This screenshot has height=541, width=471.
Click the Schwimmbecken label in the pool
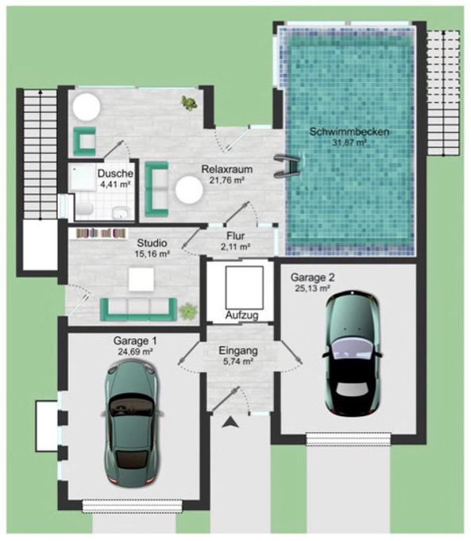click(349, 132)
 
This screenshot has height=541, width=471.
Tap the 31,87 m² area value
click(349, 142)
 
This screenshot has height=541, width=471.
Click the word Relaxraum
click(226, 169)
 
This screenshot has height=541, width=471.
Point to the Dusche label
click(115, 173)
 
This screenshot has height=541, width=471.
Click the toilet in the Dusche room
click(84, 208)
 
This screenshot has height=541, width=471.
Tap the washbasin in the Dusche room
click(121, 212)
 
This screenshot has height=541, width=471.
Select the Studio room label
click(152, 243)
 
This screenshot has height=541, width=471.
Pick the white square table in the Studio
click(141, 279)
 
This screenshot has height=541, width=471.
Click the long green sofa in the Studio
click(138, 309)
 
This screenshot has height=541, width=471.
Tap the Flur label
click(235, 236)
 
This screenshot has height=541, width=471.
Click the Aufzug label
click(242, 315)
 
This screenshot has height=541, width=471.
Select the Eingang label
click(238, 351)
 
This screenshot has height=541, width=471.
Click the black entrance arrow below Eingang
click(230, 422)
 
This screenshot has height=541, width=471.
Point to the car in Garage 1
click(132, 422)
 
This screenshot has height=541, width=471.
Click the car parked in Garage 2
click(352, 352)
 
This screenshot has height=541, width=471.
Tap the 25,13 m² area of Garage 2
click(312, 288)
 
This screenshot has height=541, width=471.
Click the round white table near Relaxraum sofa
click(189, 189)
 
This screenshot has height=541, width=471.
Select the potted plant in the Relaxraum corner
click(188, 103)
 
